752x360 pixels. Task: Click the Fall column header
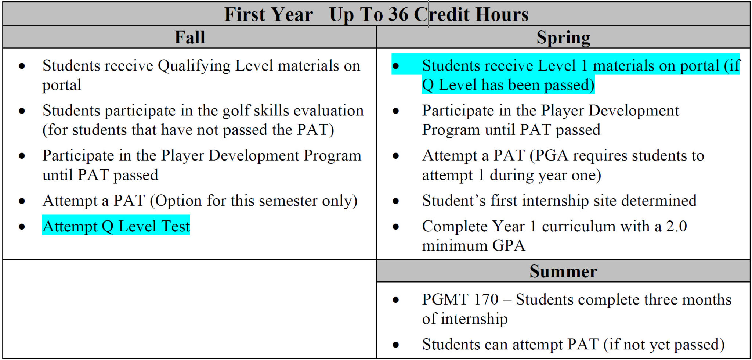click(x=189, y=37)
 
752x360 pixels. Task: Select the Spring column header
click(x=563, y=37)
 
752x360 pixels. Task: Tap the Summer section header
click(x=563, y=271)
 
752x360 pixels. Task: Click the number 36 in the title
click(x=398, y=15)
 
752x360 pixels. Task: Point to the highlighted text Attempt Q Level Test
click(x=116, y=226)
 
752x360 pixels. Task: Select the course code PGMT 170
click(x=460, y=299)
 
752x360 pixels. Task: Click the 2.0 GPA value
click(x=676, y=226)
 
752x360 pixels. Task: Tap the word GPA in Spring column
click(x=509, y=245)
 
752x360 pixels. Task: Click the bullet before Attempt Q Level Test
click(x=22, y=227)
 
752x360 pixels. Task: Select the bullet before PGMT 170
click(x=395, y=300)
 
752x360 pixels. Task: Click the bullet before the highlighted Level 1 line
click(x=395, y=66)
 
